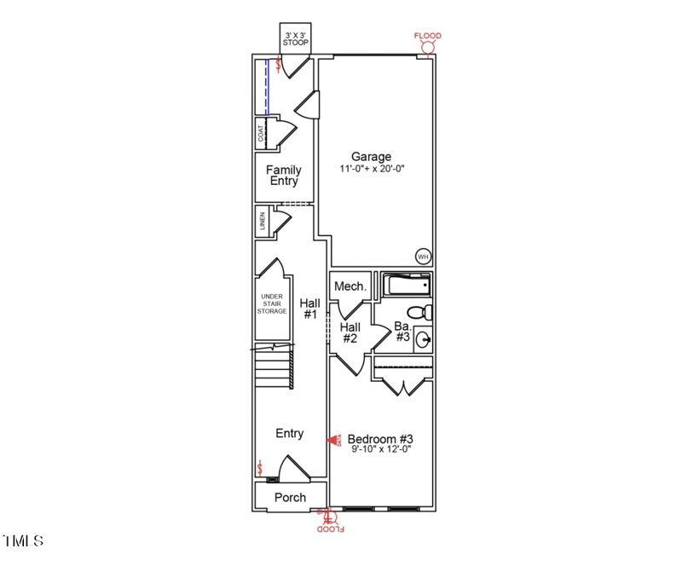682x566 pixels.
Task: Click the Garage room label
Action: tap(372, 157)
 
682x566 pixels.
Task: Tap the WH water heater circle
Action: tap(423, 256)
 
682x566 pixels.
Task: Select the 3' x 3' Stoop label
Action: tap(296, 38)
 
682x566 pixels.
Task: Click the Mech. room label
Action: tap(350, 286)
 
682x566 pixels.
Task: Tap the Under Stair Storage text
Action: tap(273, 304)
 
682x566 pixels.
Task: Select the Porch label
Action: tap(290, 498)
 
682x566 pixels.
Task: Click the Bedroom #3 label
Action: tap(380, 440)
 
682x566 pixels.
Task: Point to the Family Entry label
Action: tap(284, 176)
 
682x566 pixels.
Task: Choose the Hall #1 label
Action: tap(309, 309)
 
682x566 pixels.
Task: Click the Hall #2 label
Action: tap(350, 332)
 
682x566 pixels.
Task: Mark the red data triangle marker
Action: tap(333, 441)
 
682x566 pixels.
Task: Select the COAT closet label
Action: tap(261, 135)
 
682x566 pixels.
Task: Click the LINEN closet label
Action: tap(262, 222)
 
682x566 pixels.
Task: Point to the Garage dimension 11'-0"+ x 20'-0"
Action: tap(372, 169)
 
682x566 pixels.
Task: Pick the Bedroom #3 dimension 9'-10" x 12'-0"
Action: tap(381, 452)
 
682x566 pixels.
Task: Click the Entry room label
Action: tap(290, 434)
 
